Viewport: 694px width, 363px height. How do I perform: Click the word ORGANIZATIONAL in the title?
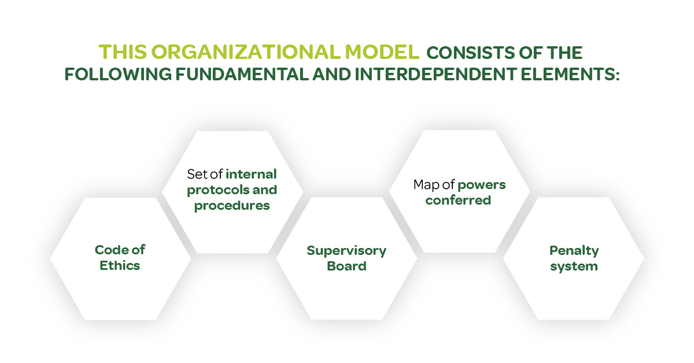pyautogui.click(x=246, y=52)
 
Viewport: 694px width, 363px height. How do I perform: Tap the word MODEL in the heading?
pyautogui.click(x=382, y=52)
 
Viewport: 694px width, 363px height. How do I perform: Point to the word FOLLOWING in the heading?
pyautogui.click(x=118, y=75)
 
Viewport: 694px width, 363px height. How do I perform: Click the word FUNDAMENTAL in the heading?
pyautogui.click(x=242, y=75)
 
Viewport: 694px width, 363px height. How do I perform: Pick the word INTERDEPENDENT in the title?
pyautogui.click(x=435, y=75)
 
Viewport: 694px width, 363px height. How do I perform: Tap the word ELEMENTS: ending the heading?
pyautogui.click(x=570, y=75)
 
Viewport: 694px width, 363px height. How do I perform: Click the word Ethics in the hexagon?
pyautogui.click(x=120, y=265)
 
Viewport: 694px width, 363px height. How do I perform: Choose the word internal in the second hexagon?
pyautogui.click(x=251, y=174)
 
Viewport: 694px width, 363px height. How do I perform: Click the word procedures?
pyautogui.click(x=232, y=206)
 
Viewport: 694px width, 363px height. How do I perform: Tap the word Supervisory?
pyautogui.click(x=346, y=251)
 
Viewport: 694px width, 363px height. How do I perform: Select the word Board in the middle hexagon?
pyautogui.click(x=346, y=266)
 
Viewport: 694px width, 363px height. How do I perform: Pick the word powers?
pyautogui.click(x=481, y=185)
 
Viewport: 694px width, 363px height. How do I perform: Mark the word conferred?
pyautogui.click(x=458, y=201)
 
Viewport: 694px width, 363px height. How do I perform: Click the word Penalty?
pyautogui.click(x=574, y=251)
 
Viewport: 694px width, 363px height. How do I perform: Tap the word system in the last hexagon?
pyautogui.click(x=574, y=266)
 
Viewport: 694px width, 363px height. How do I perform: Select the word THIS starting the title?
pyautogui.click(x=123, y=52)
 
